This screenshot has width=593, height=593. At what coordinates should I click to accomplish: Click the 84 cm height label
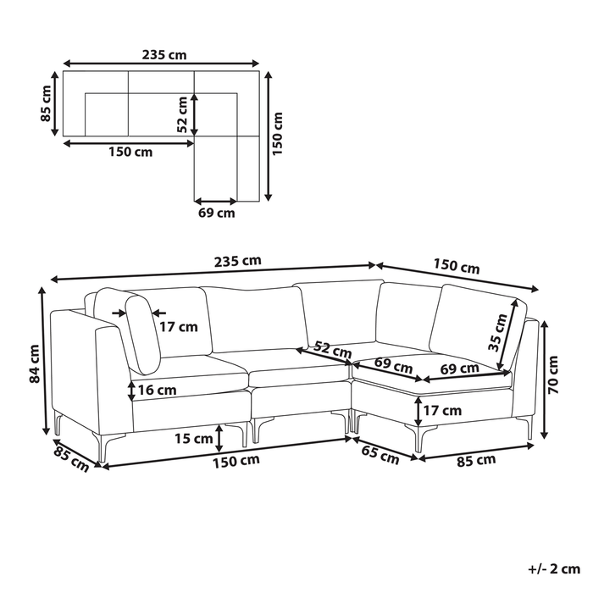35,363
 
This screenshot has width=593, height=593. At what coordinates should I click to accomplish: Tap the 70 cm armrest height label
553,374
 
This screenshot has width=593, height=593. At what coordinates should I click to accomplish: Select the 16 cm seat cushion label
158,390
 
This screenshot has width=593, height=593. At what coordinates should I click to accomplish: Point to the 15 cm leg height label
194,439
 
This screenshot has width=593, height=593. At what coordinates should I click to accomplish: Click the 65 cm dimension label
380,455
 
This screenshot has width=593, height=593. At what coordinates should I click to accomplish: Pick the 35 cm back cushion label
498,333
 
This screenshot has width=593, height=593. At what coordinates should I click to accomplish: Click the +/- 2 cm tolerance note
554,568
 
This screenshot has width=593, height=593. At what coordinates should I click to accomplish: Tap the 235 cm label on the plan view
164,55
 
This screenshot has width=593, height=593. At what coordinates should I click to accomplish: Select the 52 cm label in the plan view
182,114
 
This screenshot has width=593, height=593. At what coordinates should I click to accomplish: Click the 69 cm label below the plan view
217,213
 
